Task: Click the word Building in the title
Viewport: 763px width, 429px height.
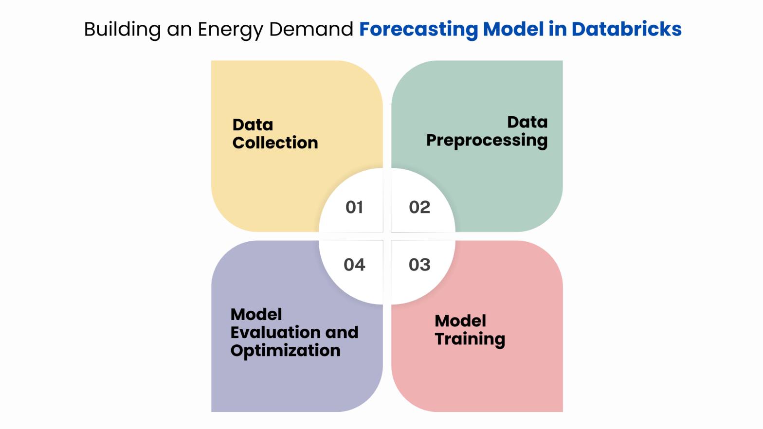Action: (122, 29)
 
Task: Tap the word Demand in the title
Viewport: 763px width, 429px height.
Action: (311, 29)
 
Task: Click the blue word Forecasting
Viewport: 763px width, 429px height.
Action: (418, 29)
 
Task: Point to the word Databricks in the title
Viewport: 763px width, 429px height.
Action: (626, 29)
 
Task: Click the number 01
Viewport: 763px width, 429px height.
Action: (354, 207)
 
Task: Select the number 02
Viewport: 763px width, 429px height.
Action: (419, 207)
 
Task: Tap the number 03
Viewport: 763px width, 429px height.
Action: (419, 265)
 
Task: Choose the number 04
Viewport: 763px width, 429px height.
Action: (354, 265)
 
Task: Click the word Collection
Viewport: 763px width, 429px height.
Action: (275, 143)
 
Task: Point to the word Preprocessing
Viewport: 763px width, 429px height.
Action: (487, 141)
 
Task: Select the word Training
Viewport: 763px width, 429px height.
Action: (470, 339)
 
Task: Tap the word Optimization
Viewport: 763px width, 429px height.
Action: (285, 351)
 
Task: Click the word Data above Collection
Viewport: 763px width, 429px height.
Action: (253, 125)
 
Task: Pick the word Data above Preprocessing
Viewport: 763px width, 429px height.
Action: (527, 122)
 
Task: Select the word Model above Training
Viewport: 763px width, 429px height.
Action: (460, 321)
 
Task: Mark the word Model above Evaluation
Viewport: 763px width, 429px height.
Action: (256, 315)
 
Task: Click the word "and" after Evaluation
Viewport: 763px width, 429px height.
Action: (342, 333)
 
